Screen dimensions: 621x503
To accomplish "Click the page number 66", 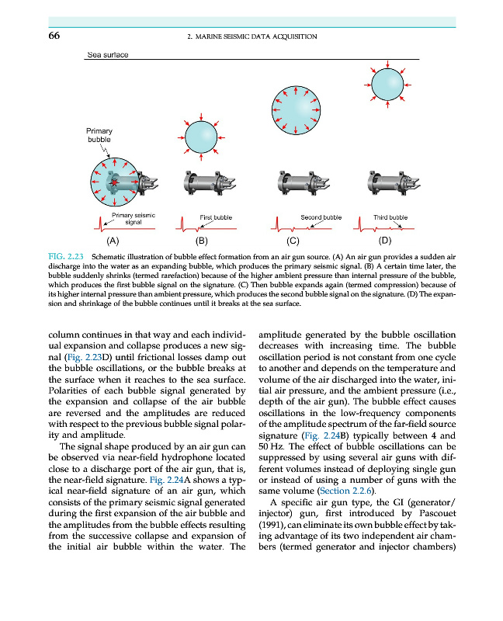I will point(55,36).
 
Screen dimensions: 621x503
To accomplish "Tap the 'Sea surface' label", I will point(108,55).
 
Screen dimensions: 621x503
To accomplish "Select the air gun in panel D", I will point(386,185).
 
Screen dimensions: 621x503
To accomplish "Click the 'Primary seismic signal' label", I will point(133,217).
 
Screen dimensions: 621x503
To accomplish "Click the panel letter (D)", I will point(385,241).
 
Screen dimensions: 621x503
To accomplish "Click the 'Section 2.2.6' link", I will point(349,491).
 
